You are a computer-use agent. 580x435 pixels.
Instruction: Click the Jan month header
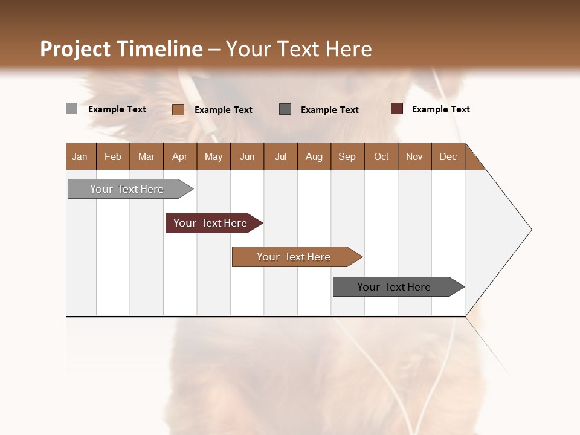coord(80,156)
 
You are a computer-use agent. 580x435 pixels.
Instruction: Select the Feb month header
coord(113,156)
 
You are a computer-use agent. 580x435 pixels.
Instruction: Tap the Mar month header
coord(146,156)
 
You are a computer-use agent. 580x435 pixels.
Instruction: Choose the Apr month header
coord(180,156)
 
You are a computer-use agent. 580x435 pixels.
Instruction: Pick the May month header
coord(213,156)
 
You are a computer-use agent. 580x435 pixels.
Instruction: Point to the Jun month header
coord(247,156)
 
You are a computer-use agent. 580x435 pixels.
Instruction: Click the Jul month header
coord(280,156)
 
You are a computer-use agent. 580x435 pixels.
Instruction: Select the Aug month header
coord(314,156)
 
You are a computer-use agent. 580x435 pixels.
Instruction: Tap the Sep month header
coord(347,156)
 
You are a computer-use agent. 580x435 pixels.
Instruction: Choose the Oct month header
coord(381,156)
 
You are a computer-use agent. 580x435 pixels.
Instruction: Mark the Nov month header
coord(414,156)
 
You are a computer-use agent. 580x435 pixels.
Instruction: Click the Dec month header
coord(448,156)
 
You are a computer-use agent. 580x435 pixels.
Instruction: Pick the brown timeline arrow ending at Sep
coord(294,257)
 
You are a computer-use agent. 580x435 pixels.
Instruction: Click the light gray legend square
coord(72,109)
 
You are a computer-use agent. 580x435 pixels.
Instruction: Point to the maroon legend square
coord(397,109)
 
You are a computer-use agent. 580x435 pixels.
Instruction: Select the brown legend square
coord(178,109)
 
